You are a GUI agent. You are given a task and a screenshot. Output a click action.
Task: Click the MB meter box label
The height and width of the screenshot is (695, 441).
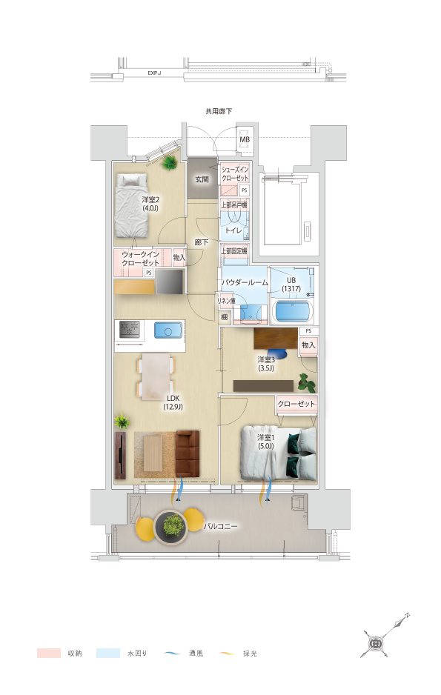[x=245, y=139]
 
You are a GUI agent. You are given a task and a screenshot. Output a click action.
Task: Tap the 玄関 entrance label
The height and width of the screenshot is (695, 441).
[x=202, y=179]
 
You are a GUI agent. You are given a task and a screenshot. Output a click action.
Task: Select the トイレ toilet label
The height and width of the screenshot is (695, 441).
[x=233, y=230]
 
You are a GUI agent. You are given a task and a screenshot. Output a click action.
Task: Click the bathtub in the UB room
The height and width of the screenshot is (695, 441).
[x=291, y=311]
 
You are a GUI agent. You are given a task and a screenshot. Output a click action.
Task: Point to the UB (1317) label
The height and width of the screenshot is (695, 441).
[x=291, y=285]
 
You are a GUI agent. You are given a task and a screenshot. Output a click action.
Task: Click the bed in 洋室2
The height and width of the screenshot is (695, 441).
[x=131, y=206]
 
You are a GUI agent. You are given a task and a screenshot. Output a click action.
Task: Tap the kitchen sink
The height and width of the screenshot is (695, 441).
[x=168, y=330]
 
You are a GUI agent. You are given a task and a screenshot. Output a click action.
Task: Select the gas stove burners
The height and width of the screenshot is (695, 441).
[x=130, y=329]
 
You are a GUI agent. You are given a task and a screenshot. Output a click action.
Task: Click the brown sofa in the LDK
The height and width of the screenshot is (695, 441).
[x=188, y=453]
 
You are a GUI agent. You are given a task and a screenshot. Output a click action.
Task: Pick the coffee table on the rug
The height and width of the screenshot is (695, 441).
[x=153, y=453]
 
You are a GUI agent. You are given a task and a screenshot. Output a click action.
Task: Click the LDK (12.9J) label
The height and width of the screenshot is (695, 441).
[x=173, y=402]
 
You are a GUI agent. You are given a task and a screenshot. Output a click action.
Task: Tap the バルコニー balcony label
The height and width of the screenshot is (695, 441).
[x=221, y=527]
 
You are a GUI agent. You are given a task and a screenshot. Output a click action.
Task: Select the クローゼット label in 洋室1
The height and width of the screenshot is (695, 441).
[x=296, y=404]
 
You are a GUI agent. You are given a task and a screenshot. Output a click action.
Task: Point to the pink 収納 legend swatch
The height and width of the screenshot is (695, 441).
[x=49, y=653]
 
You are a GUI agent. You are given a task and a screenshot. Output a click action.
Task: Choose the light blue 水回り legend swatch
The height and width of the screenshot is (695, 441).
[x=108, y=653]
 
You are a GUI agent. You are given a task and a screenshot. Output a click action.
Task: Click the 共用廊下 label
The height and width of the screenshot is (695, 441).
[x=219, y=111]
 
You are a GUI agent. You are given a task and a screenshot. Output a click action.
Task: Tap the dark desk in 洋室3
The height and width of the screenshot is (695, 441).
[x=276, y=339]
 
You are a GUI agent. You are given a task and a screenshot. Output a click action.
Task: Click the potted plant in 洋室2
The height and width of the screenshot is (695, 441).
[x=169, y=163]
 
